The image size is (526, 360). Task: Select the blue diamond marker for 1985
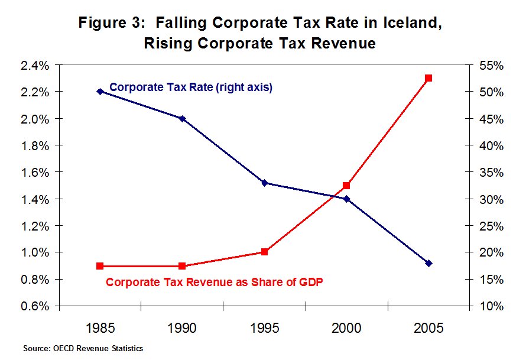100,91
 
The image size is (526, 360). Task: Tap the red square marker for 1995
265,252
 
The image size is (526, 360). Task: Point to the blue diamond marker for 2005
429,263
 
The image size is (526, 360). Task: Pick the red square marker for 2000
346,186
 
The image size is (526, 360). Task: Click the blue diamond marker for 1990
182,118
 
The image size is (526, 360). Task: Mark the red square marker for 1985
100,266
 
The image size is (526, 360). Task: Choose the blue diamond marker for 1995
265,183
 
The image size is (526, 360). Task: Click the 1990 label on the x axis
182,328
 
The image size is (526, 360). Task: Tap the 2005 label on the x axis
429,328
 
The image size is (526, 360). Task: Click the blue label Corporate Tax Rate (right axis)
191,87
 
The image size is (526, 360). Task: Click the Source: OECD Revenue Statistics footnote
83,349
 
